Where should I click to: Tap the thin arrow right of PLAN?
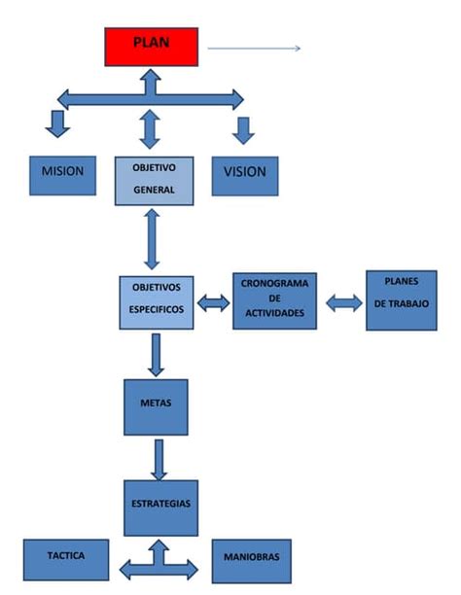coord(254,48)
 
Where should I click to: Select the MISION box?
coord(62,174)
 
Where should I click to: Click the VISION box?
coord(244,174)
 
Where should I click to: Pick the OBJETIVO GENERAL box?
coord(154,179)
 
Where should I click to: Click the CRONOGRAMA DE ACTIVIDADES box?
coord(274,301)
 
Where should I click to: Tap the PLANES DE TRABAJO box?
coord(401,299)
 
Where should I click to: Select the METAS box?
coord(156,406)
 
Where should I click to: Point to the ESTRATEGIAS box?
coord(160,507)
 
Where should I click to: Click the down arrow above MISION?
coord(58,123)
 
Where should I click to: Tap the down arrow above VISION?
coord(243,130)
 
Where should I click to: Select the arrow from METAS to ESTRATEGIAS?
coord(159,458)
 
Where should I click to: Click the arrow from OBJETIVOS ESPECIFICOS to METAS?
coord(155,355)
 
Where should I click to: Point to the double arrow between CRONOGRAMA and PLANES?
coord(343,303)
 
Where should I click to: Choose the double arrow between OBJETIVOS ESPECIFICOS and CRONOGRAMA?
coord(213,303)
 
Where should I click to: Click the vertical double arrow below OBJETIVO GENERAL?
coord(152,238)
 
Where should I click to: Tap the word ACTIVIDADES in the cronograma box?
coord(274,313)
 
